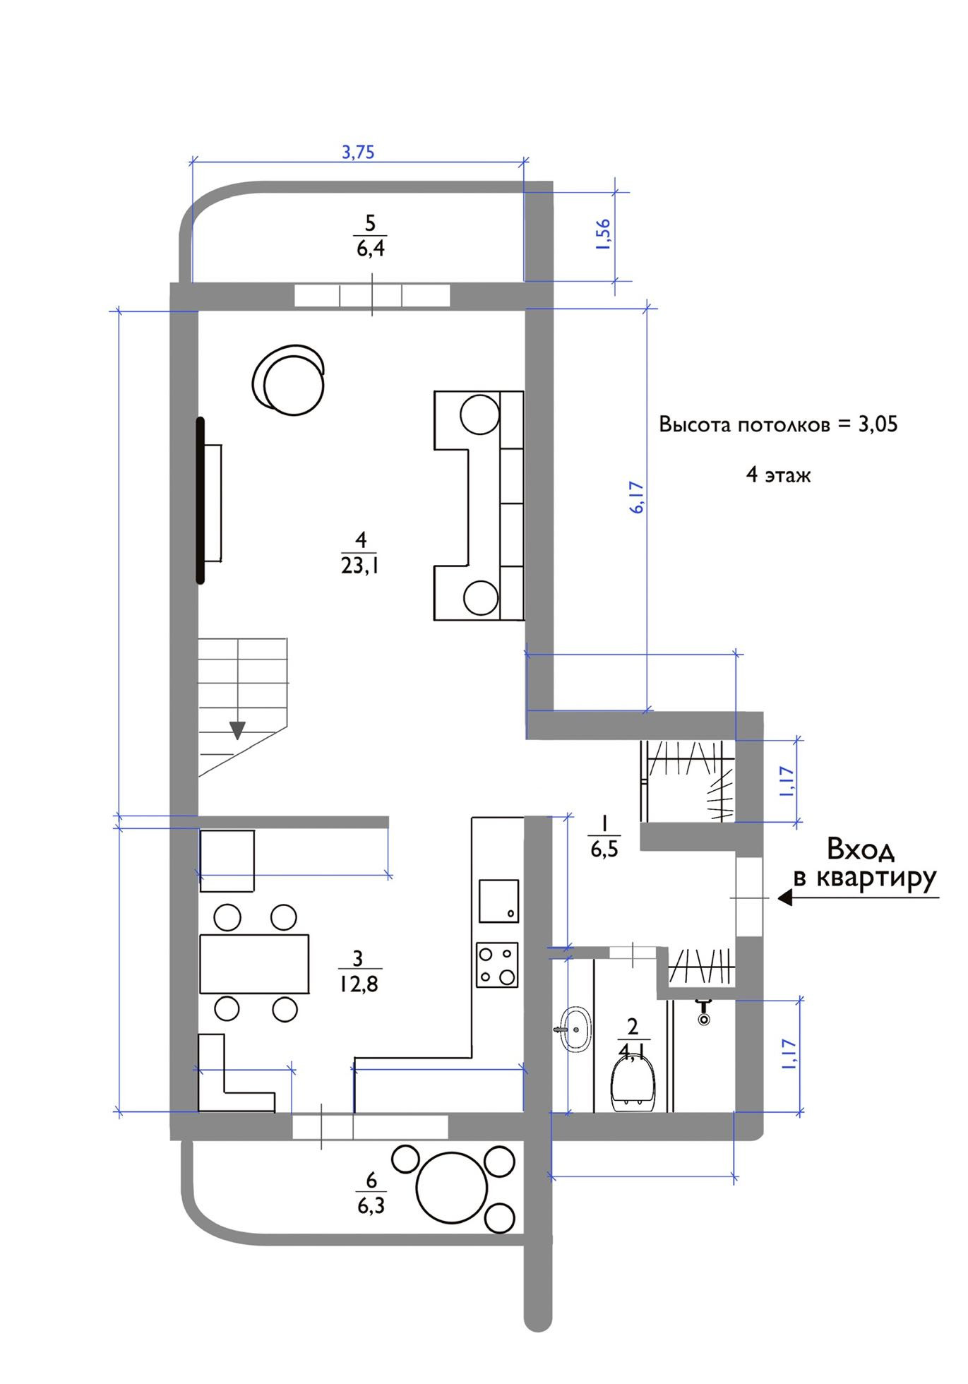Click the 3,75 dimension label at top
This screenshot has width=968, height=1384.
click(358, 152)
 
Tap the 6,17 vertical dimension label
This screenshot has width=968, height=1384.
click(637, 497)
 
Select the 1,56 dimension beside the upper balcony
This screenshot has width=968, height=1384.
click(603, 235)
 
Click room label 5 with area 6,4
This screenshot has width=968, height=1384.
click(370, 236)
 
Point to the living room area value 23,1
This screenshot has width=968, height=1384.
click(360, 566)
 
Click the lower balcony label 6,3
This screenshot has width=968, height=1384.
click(371, 1205)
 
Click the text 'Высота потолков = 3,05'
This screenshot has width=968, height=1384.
click(778, 424)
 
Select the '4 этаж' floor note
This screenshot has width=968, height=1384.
click(779, 475)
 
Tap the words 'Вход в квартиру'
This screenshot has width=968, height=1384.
click(864, 863)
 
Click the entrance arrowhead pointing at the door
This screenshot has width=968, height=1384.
click(785, 898)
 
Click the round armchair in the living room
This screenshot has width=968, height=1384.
click(289, 381)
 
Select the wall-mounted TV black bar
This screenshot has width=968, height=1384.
click(201, 500)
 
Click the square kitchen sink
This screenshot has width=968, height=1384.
click(498, 901)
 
